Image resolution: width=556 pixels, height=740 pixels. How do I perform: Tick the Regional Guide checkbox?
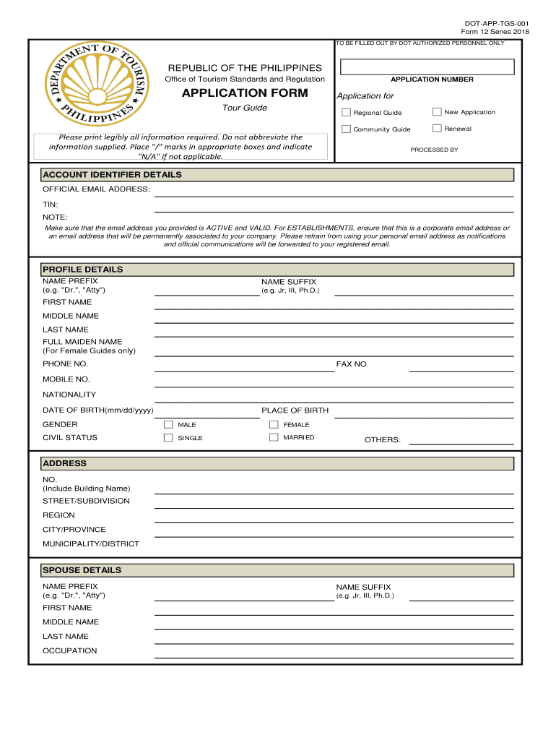pyautogui.click(x=346, y=113)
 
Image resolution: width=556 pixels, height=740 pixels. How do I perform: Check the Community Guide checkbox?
pyautogui.click(x=346, y=129)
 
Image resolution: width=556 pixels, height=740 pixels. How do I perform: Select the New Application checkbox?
pyautogui.click(x=437, y=111)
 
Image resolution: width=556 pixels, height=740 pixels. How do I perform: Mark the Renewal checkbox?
pyautogui.click(x=437, y=129)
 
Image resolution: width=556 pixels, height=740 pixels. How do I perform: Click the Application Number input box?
pyautogui.click(x=427, y=67)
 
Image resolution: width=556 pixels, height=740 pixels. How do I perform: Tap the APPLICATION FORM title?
pyautogui.click(x=245, y=93)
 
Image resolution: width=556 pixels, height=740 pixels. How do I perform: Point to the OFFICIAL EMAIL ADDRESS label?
pyautogui.click(x=96, y=189)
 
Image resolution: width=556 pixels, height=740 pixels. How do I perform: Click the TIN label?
pyautogui.click(x=50, y=205)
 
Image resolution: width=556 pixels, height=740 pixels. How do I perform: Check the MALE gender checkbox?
pyautogui.click(x=168, y=425)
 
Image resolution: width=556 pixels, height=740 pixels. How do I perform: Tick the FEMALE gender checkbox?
pyautogui.click(x=274, y=425)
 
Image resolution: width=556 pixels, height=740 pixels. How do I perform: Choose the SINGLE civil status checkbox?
pyautogui.click(x=168, y=438)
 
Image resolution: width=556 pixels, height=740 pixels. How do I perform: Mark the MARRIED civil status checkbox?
pyautogui.click(x=274, y=437)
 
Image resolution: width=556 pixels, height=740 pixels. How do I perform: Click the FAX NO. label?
pyautogui.click(x=352, y=364)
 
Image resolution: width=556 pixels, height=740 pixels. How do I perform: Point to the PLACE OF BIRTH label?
pyautogui.click(x=295, y=410)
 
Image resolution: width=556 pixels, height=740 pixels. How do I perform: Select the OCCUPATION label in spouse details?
pyautogui.click(x=69, y=651)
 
